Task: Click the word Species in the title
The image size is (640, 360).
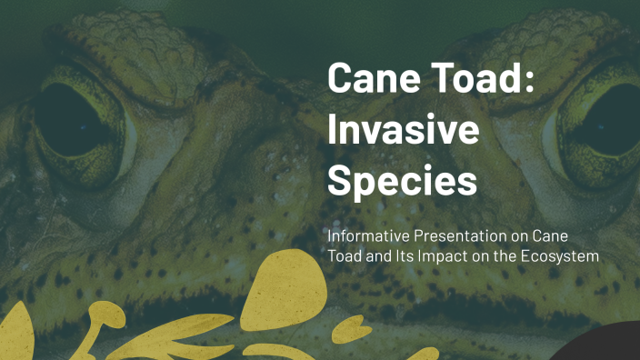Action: (x=402, y=181)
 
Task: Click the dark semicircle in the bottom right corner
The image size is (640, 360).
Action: (x=605, y=345)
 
